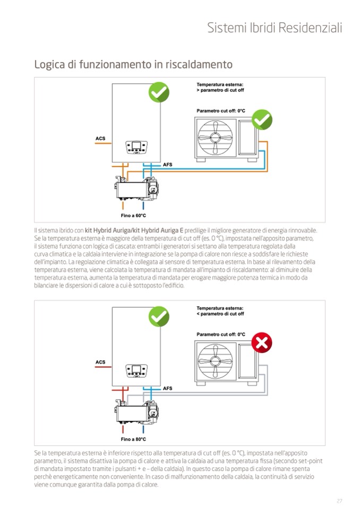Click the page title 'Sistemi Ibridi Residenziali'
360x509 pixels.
(275, 28)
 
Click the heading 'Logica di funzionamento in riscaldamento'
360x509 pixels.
(133, 65)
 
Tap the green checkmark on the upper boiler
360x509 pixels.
(158, 92)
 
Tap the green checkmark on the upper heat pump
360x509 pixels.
(261, 120)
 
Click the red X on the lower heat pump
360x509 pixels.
(261, 343)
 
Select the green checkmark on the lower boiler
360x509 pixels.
(158, 316)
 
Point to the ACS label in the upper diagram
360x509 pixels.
(100, 139)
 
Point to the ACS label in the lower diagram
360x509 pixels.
(100, 363)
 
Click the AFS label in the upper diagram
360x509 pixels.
(168, 165)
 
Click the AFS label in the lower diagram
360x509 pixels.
(168, 389)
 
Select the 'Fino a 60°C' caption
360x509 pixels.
(133, 215)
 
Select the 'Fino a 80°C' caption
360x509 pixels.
(133, 439)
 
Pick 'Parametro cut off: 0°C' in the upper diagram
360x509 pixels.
(221, 110)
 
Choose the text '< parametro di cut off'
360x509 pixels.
(220, 314)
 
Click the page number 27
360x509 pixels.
(339, 501)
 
